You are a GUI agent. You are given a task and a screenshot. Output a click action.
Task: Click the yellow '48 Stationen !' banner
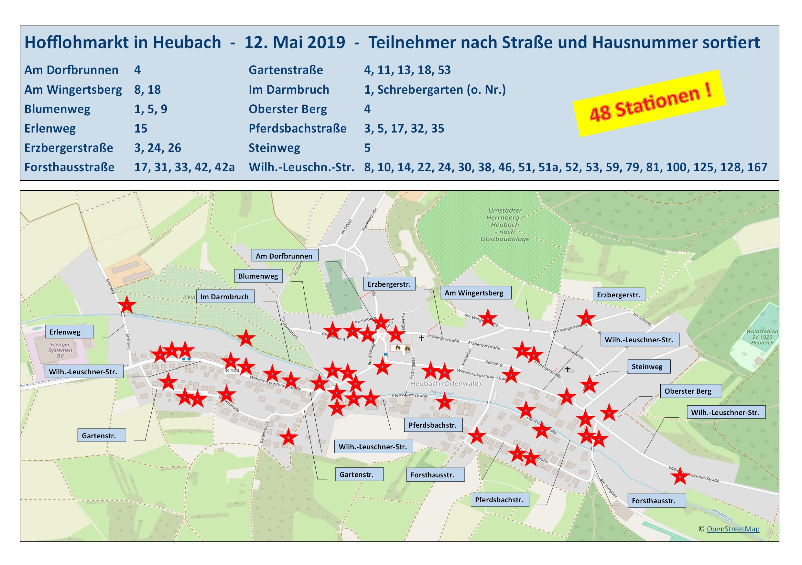click(650, 104)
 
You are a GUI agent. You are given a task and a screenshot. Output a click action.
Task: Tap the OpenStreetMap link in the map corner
click(733, 529)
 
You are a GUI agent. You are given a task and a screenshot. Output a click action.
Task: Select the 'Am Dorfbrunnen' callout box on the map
click(284, 256)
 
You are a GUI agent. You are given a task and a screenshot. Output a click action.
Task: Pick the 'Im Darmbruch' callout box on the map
click(225, 296)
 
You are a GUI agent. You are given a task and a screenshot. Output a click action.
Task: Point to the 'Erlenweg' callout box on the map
click(69, 332)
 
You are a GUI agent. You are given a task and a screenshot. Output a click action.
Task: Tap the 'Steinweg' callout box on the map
click(647, 366)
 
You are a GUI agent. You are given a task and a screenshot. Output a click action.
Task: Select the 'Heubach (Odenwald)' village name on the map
click(445, 383)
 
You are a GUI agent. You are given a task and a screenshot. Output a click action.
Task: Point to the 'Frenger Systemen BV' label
click(60, 350)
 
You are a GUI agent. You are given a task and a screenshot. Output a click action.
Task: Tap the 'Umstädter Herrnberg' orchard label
click(505, 225)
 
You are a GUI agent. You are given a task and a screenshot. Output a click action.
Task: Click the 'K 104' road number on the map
click(233, 370)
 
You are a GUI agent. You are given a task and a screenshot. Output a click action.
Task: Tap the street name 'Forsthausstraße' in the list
click(69, 167)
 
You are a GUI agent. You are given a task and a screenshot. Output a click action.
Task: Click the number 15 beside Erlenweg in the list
click(140, 129)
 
